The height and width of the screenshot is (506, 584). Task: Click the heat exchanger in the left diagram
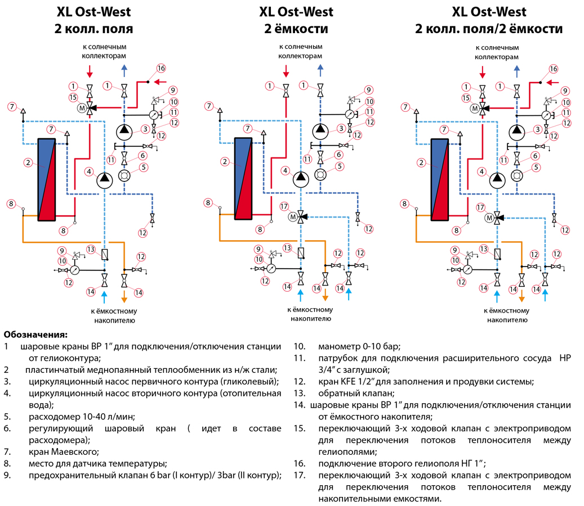(x=46, y=179)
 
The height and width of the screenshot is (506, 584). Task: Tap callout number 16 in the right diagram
(x=553, y=69)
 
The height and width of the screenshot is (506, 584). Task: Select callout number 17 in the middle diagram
(x=283, y=206)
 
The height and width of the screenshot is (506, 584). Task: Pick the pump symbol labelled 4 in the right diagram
(x=497, y=180)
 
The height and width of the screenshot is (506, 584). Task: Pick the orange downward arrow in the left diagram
(x=124, y=296)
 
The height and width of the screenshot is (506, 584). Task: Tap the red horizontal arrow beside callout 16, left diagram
(x=160, y=82)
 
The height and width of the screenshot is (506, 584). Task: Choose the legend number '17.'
(x=299, y=476)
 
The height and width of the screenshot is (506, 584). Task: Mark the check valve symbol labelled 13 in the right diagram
(x=497, y=254)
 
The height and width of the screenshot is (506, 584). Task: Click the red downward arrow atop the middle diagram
(x=286, y=71)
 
